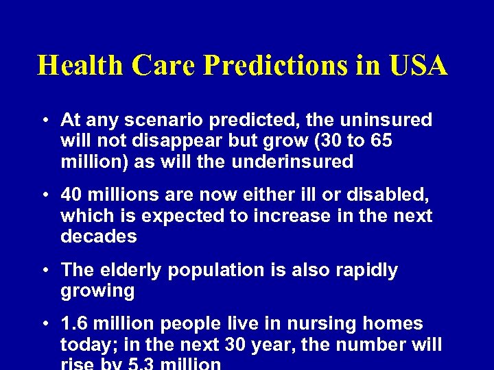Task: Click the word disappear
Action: [x=175, y=141]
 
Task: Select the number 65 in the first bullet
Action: [x=383, y=141]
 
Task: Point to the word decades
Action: [x=99, y=236]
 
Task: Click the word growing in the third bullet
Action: [x=97, y=291]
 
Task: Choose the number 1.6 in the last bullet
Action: [x=73, y=324]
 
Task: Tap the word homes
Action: [x=395, y=324]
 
